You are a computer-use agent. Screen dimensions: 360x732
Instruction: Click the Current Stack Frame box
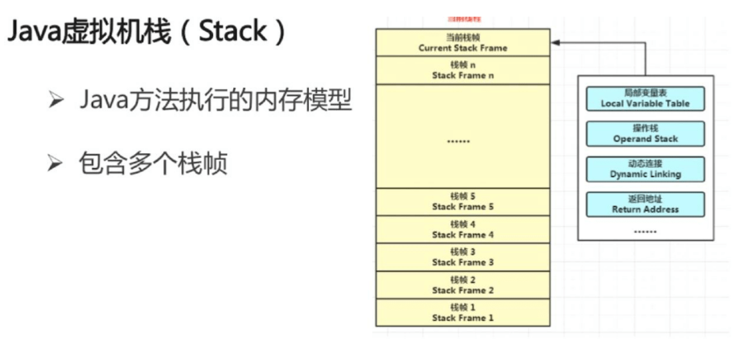(462, 42)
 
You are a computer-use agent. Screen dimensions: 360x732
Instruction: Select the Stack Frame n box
(462, 71)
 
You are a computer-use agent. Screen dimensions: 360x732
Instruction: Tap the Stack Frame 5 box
(462, 201)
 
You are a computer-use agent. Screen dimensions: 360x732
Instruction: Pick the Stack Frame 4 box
(462, 230)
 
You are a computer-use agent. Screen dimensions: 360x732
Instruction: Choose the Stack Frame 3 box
(462, 257)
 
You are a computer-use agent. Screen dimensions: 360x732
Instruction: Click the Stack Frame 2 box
(462, 285)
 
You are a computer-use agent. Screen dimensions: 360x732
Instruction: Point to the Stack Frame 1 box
(462, 313)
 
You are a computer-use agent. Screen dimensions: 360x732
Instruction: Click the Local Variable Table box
(645, 99)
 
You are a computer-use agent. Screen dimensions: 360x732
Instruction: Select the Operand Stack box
(645, 134)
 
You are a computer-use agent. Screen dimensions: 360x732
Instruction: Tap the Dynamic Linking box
(645, 169)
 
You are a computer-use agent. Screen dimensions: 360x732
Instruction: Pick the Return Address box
(645, 205)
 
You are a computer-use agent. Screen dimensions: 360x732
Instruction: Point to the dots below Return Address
(645, 230)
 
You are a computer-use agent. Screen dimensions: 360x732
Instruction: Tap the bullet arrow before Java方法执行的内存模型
(56, 101)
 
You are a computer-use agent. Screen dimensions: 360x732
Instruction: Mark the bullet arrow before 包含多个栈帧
(56, 164)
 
